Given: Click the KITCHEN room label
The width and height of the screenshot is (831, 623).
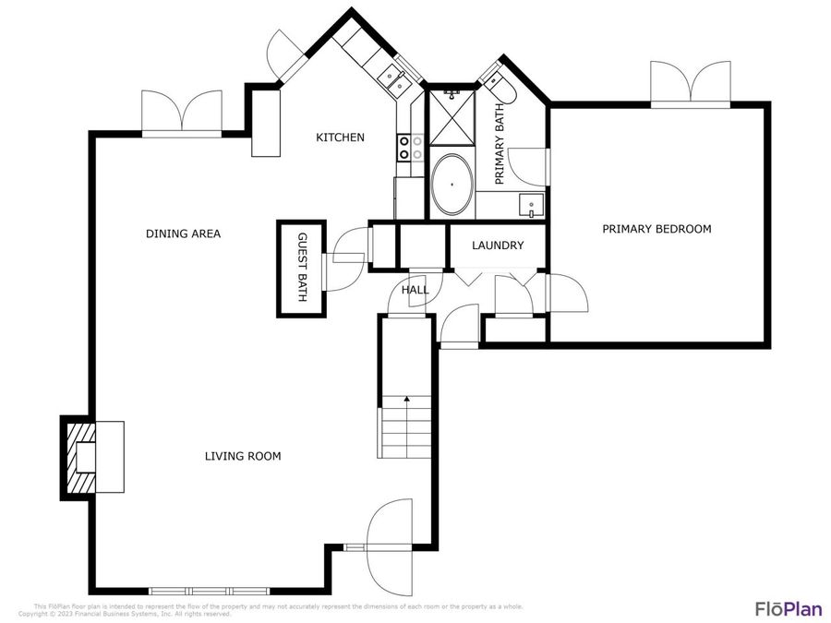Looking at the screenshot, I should coord(340,138).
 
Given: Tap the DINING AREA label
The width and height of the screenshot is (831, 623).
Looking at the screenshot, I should coord(183,234).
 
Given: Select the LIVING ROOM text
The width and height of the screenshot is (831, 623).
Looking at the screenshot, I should coord(242,456).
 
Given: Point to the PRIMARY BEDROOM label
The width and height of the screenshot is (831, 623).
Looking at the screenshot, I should coord(656,229).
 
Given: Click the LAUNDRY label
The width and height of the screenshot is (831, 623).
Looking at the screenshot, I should coord(497,246).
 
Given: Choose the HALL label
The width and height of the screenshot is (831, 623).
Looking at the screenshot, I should coord(415,290).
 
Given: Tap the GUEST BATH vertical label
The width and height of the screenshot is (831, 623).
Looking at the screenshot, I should coord(301,269).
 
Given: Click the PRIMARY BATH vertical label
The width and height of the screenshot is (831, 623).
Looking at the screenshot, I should coord(500,144).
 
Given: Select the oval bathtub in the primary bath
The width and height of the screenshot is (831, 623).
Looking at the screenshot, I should coord(452,186).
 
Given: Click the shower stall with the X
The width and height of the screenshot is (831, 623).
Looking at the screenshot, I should coord(452,118).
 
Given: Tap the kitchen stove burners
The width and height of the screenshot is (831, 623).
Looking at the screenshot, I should coord(410,148).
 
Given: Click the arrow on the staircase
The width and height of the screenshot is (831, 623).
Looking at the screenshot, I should coord(405,400).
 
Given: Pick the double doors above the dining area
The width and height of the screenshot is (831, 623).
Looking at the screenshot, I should coord(182,114).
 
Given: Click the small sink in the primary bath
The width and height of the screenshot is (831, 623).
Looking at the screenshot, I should coord(530,205).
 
